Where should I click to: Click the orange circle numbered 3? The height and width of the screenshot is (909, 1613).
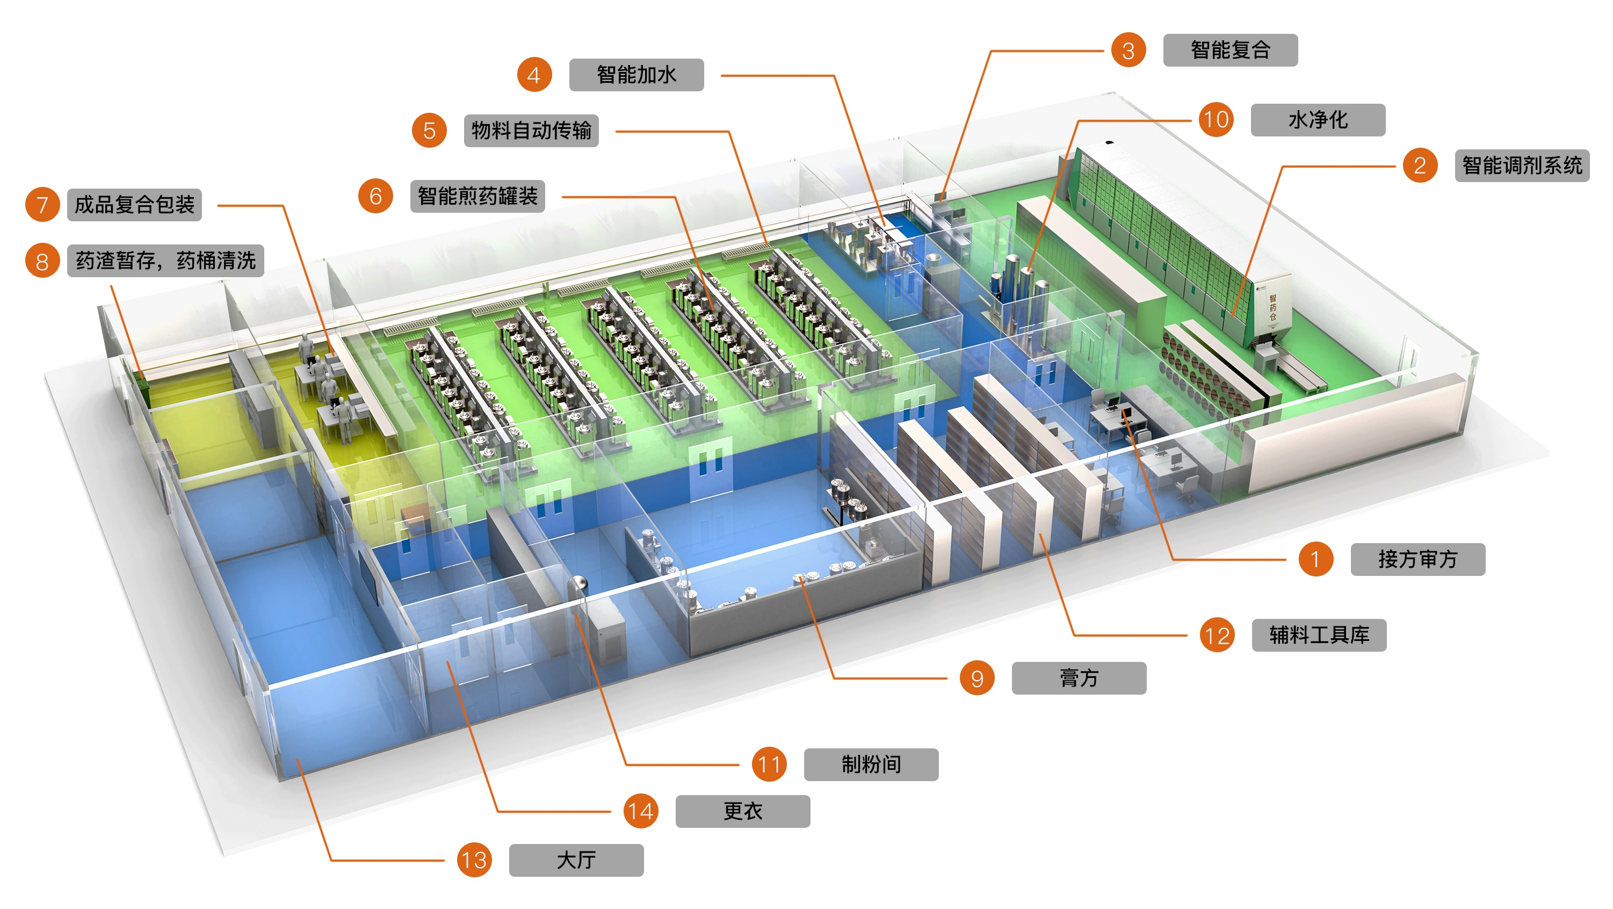click(1128, 50)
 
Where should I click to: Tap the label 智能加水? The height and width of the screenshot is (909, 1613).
click(635, 75)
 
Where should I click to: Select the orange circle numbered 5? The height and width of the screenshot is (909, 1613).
click(429, 131)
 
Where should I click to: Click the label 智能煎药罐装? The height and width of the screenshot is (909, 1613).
click(477, 196)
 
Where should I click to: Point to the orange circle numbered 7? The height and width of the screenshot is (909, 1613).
click(42, 204)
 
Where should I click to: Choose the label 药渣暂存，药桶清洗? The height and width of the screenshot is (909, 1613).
click(165, 261)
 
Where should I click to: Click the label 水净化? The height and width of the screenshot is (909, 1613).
click(1318, 120)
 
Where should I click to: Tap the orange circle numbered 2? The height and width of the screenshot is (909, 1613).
click(1420, 165)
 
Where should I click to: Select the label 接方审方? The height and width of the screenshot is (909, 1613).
click(1417, 559)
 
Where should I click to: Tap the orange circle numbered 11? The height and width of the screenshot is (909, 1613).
click(769, 764)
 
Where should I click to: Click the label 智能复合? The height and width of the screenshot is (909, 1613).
click(1230, 50)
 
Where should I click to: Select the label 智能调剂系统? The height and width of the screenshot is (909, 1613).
click(1522, 165)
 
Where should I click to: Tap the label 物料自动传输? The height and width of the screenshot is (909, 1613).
click(531, 131)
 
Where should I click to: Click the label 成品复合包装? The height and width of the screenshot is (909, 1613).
click(134, 204)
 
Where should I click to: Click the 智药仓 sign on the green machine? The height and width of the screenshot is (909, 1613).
click(1273, 307)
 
